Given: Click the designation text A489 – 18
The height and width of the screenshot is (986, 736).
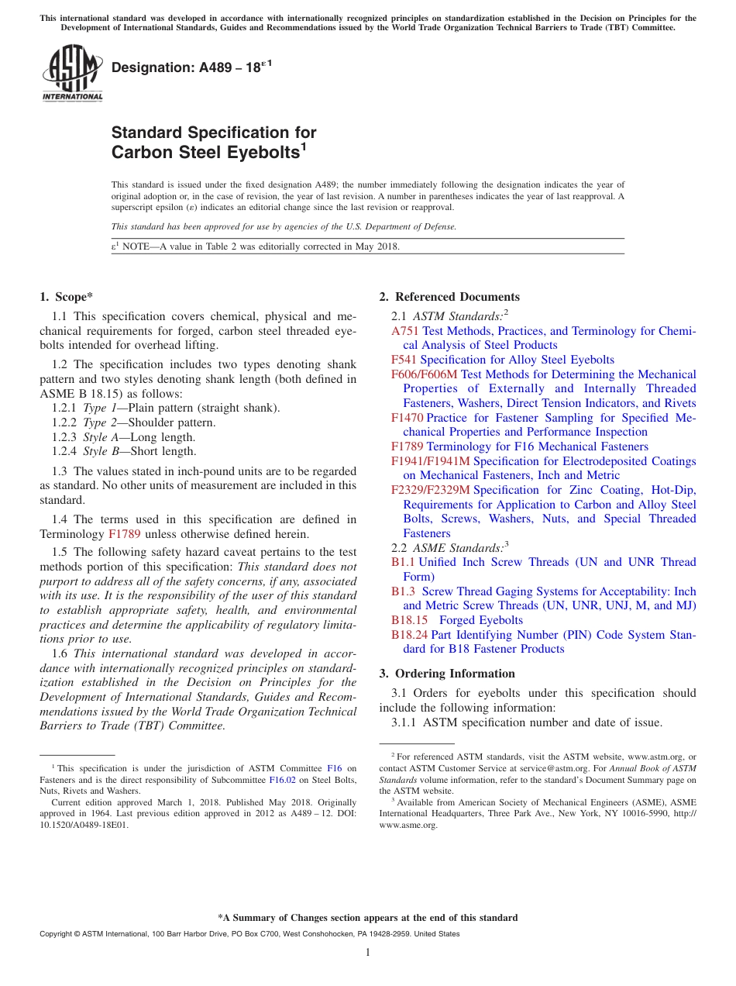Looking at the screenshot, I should [185, 68].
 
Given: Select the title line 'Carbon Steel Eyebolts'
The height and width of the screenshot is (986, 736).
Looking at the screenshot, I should [205, 152].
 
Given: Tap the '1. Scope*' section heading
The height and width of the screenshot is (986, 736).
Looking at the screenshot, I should [67, 297].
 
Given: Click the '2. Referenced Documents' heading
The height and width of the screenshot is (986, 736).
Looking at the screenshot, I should [449, 297].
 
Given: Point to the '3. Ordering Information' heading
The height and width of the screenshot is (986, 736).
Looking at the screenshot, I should [447, 674].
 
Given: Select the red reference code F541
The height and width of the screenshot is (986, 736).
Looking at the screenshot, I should [404, 360].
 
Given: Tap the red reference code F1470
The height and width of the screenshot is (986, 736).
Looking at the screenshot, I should [408, 418].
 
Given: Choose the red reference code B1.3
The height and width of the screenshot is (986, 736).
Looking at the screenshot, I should [404, 591].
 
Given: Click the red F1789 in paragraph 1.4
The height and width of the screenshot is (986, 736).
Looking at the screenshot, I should [125, 534].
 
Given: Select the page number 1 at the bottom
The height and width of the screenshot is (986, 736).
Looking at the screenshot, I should [368, 953].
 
